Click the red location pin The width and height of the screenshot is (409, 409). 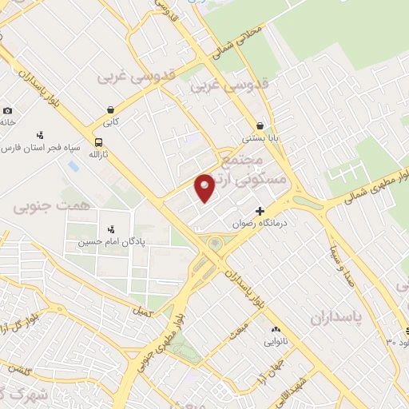(205, 187)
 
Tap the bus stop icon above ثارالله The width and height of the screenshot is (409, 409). (97, 141)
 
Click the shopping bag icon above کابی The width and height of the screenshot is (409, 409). (110, 109)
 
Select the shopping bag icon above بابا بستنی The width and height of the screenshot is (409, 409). (260, 125)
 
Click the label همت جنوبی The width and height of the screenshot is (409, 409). (45, 206)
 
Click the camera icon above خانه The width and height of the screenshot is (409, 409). (7, 111)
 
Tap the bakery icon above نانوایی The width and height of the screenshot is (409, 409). (276, 329)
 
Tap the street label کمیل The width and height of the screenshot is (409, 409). (143, 312)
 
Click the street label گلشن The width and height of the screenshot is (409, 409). (20, 370)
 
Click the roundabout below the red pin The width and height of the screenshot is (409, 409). (214, 243)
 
